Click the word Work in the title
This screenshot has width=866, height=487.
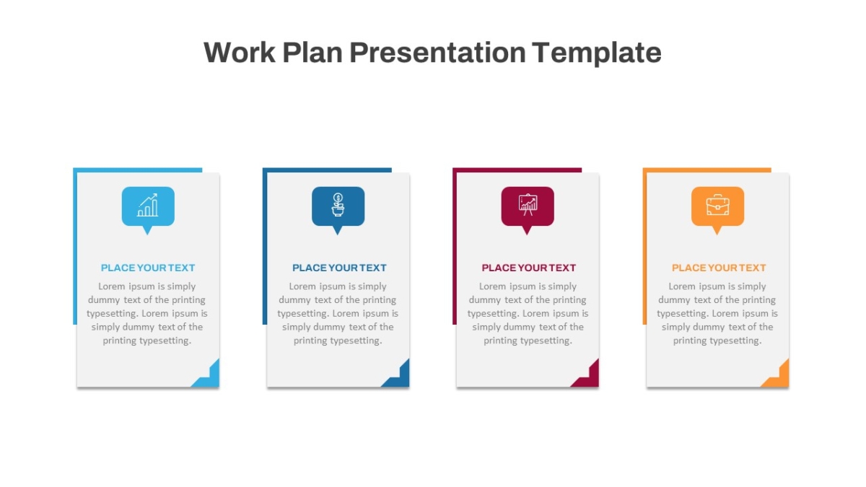pyautogui.click(x=240, y=53)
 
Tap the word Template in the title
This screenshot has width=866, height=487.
pyautogui.click(x=597, y=53)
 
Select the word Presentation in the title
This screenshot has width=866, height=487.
pyautogui.click(x=437, y=53)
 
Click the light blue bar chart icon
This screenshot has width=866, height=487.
pyautogui.click(x=148, y=205)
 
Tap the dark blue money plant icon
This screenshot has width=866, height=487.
pyautogui.click(x=338, y=205)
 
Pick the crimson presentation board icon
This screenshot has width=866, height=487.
pyautogui.click(x=528, y=205)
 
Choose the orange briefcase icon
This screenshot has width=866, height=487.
pyautogui.click(x=717, y=205)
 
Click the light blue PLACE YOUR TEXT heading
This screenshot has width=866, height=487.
pyautogui.click(x=148, y=268)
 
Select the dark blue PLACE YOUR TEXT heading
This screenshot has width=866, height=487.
pyautogui.click(x=339, y=268)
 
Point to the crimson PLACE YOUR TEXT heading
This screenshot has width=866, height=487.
pyautogui.click(x=528, y=268)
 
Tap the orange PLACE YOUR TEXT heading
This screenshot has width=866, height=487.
pyautogui.click(x=719, y=268)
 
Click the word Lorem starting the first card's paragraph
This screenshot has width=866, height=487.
pyautogui.click(x=111, y=286)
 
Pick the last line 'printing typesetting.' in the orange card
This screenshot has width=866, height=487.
pyautogui.click(x=717, y=341)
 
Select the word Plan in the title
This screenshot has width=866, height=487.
pyautogui.click(x=312, y=53)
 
